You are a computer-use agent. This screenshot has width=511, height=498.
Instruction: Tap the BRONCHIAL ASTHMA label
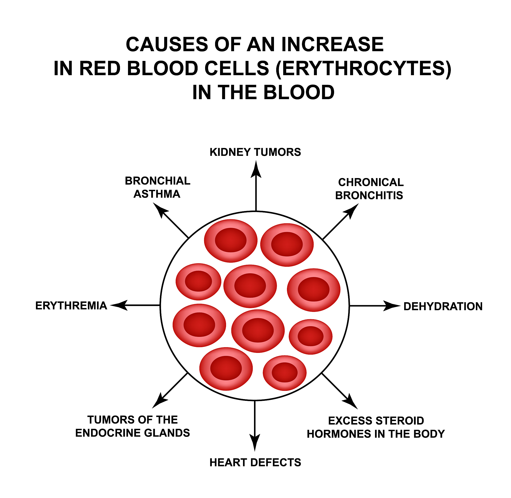click(x=157, y=187)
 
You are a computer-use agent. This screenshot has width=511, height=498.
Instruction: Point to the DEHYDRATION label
click(x=443, y=306)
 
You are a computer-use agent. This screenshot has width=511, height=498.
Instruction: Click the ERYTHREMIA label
click(x=71, y=306)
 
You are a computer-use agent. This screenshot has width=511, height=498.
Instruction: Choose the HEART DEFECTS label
click(x=255, y=463)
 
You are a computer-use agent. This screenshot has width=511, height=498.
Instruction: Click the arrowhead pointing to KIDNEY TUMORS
click(x=256, y=170)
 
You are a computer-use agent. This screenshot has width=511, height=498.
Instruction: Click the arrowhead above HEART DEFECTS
click(x=255, y=442)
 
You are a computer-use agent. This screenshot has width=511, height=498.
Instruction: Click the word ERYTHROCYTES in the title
click(x=363, y=68)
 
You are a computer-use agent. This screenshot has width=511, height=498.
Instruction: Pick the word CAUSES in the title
click(x=167, y=44)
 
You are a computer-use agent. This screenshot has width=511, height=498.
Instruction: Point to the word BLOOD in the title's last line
click(x=299, y=93)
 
